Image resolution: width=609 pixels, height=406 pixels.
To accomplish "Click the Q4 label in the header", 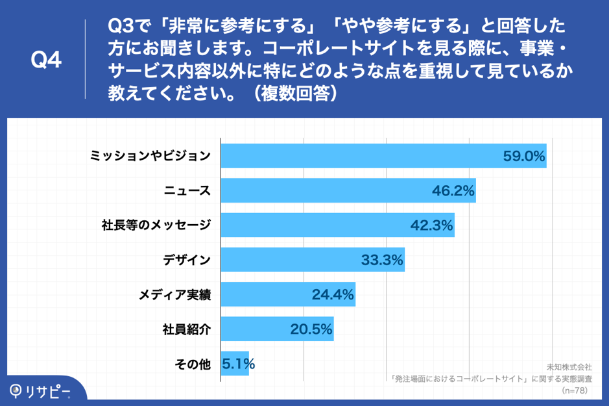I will click(46, 60).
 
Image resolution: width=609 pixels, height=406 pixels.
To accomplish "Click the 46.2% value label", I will click(453, 191).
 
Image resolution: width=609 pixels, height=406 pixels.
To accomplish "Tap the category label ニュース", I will click(187, 191).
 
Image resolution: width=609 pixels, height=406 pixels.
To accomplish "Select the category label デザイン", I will click(187, 260).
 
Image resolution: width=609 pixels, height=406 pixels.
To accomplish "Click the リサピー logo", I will click(40, 391).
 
